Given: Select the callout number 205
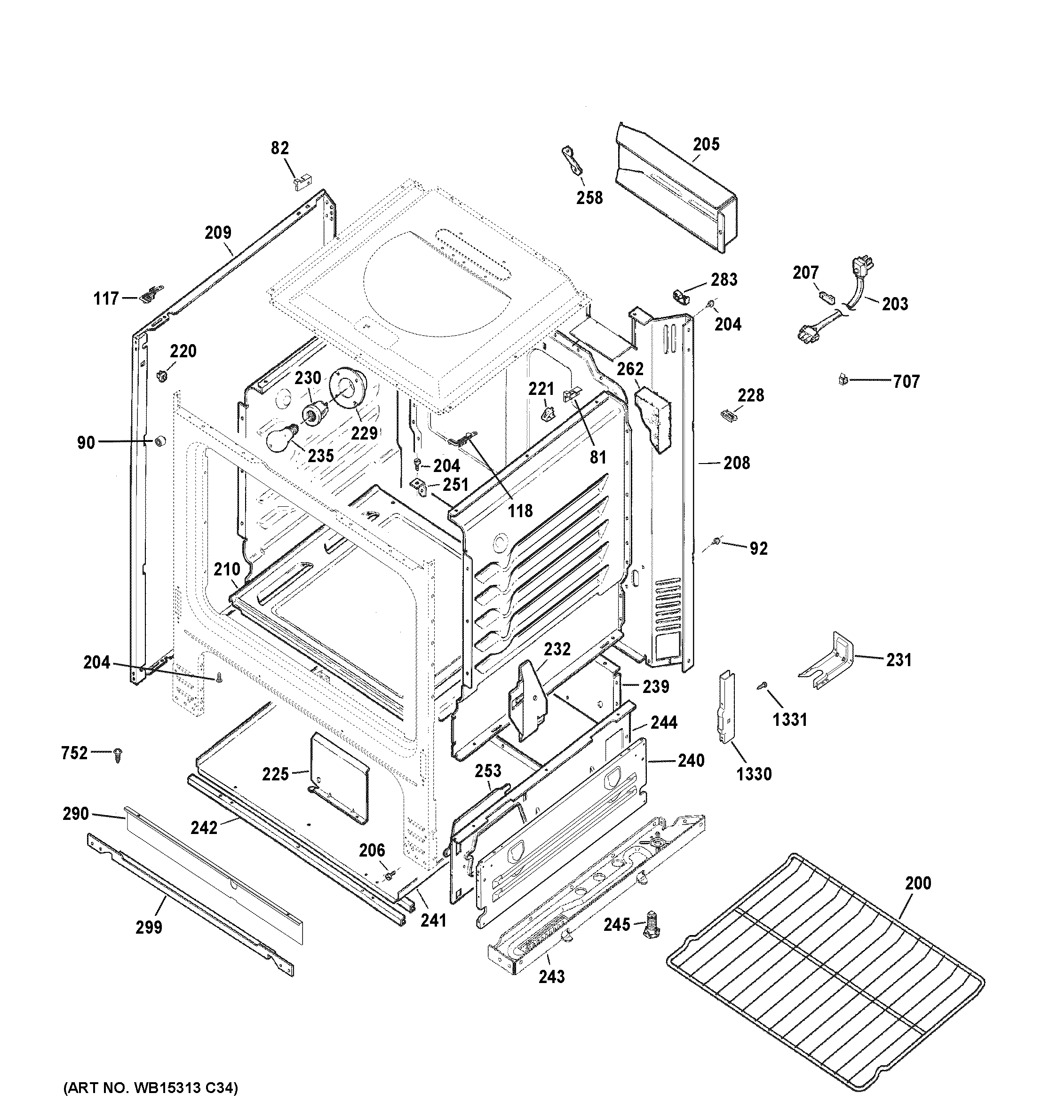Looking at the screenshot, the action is click(x=706, y=144).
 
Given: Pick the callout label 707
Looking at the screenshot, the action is click(x=906, y=382).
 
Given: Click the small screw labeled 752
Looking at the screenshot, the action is click(x=118, y=755).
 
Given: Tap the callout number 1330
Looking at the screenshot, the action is click(x=754, y=774).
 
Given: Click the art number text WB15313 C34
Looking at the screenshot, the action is click(x=151, y=1089).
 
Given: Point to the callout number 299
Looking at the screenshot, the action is click(x=149, y=927).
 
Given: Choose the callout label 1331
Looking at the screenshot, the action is click(x=789, y=719).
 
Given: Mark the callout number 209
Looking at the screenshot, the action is click(x=217, y=232).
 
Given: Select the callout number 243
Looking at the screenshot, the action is click(x=551, y=977).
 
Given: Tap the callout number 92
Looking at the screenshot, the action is click(x=758, y=548).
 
